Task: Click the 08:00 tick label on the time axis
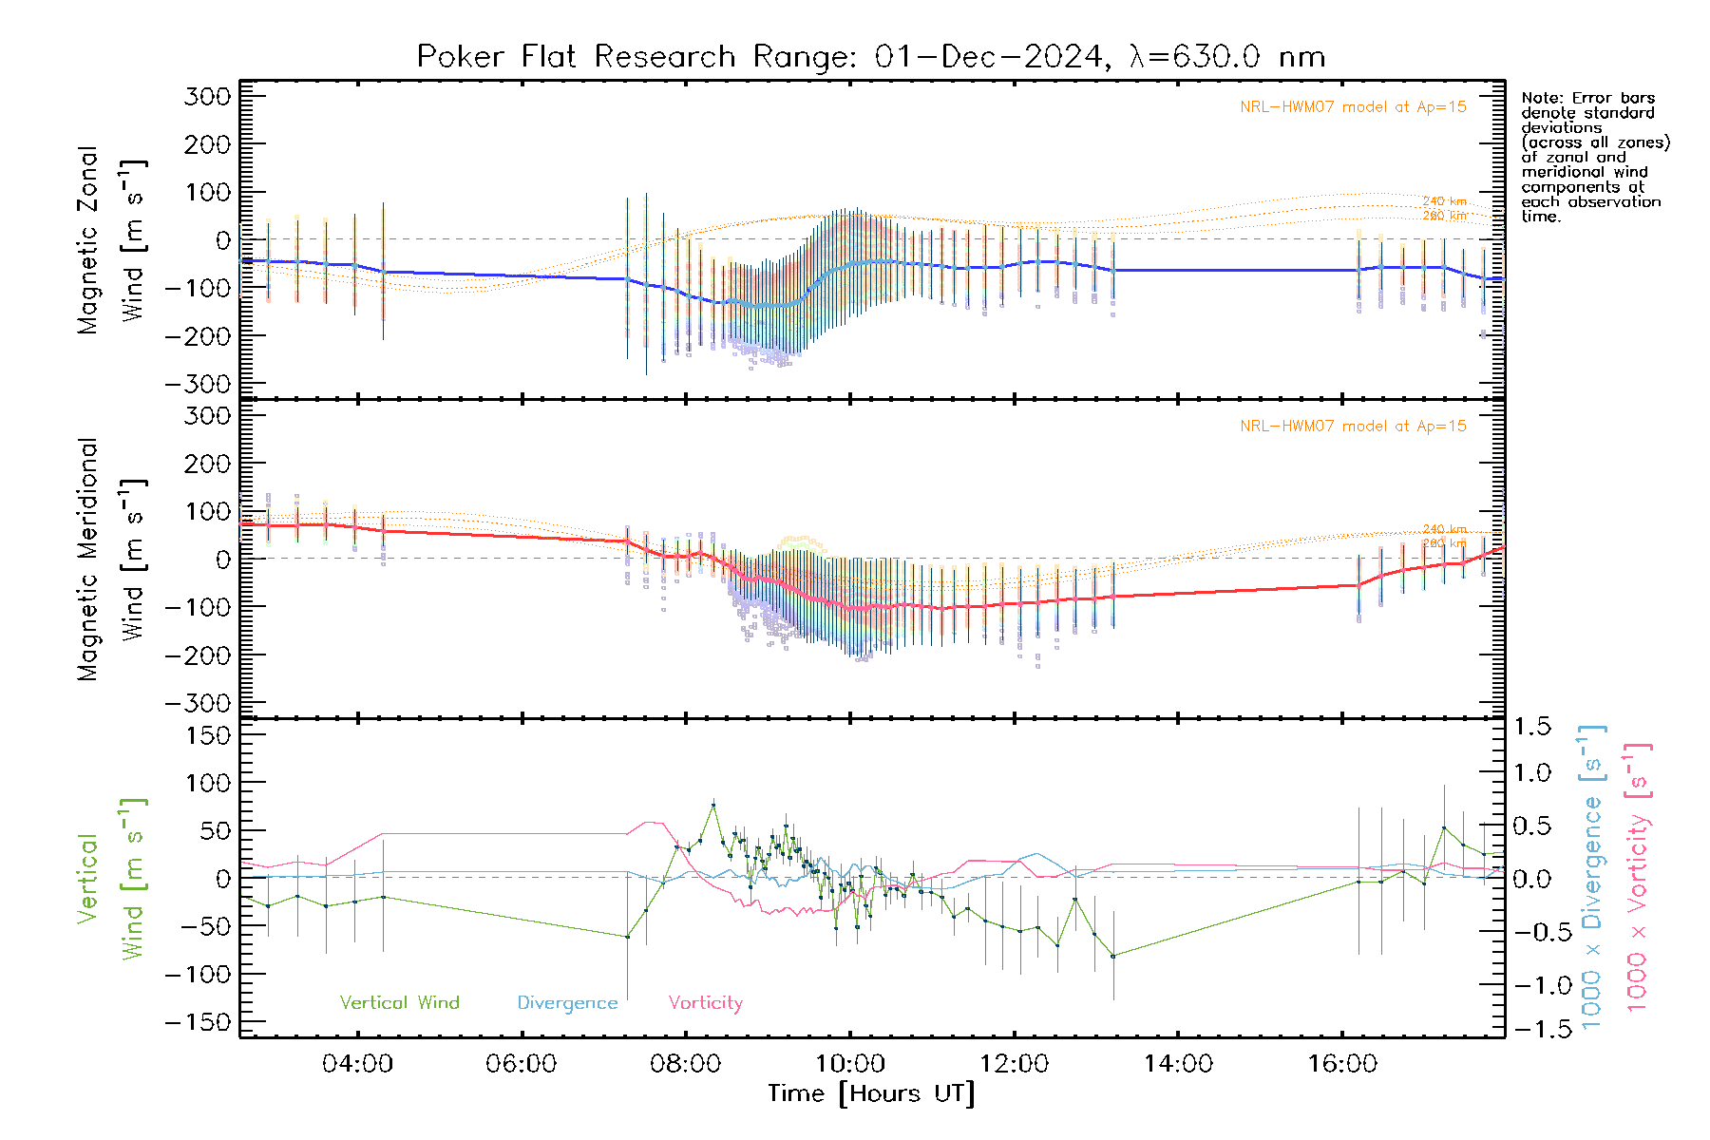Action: coord(685,1064)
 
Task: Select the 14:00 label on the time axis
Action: coord(1178,1064)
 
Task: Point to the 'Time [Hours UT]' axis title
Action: coord(871,1094)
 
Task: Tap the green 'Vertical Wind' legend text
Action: coord(399,1003)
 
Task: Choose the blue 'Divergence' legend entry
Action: coord(567,1003)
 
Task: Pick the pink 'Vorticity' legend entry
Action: coord(705,1003)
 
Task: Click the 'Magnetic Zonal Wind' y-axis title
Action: coord(112,239)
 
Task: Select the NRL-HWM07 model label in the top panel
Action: coord(1353,107)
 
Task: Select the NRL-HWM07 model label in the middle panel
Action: coord(1353,427)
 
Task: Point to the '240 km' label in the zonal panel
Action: coord(1444,201)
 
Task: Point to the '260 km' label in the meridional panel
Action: coord(1444,543)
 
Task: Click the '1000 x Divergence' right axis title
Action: coord(1592,878)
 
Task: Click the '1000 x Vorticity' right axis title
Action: coord(1638,878)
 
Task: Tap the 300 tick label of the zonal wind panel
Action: coord(207,97)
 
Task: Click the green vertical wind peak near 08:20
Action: coord(713,806)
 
